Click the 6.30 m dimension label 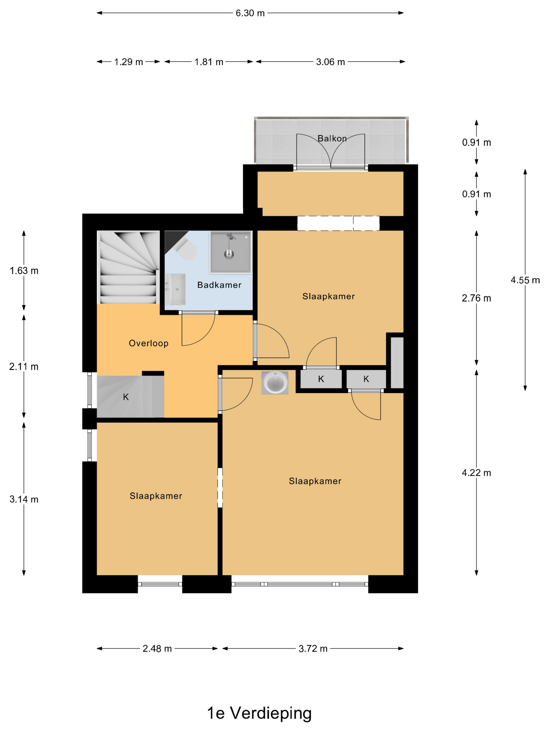(250, 13)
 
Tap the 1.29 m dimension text (128, 62)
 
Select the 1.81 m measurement (209, 62)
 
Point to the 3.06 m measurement (330, 62)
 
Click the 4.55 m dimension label (525, 280)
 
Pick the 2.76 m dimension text (477, 298)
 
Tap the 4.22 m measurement (477, 473)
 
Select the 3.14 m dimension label (24, 499)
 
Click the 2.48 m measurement (157, 649)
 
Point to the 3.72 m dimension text (313, 649)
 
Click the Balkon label (332, 138)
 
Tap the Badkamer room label (219, 285)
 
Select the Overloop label (148, 344)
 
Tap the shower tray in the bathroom (230, 252)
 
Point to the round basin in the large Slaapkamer (275, 382)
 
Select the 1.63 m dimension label (24, 271)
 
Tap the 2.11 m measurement (24, 367)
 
